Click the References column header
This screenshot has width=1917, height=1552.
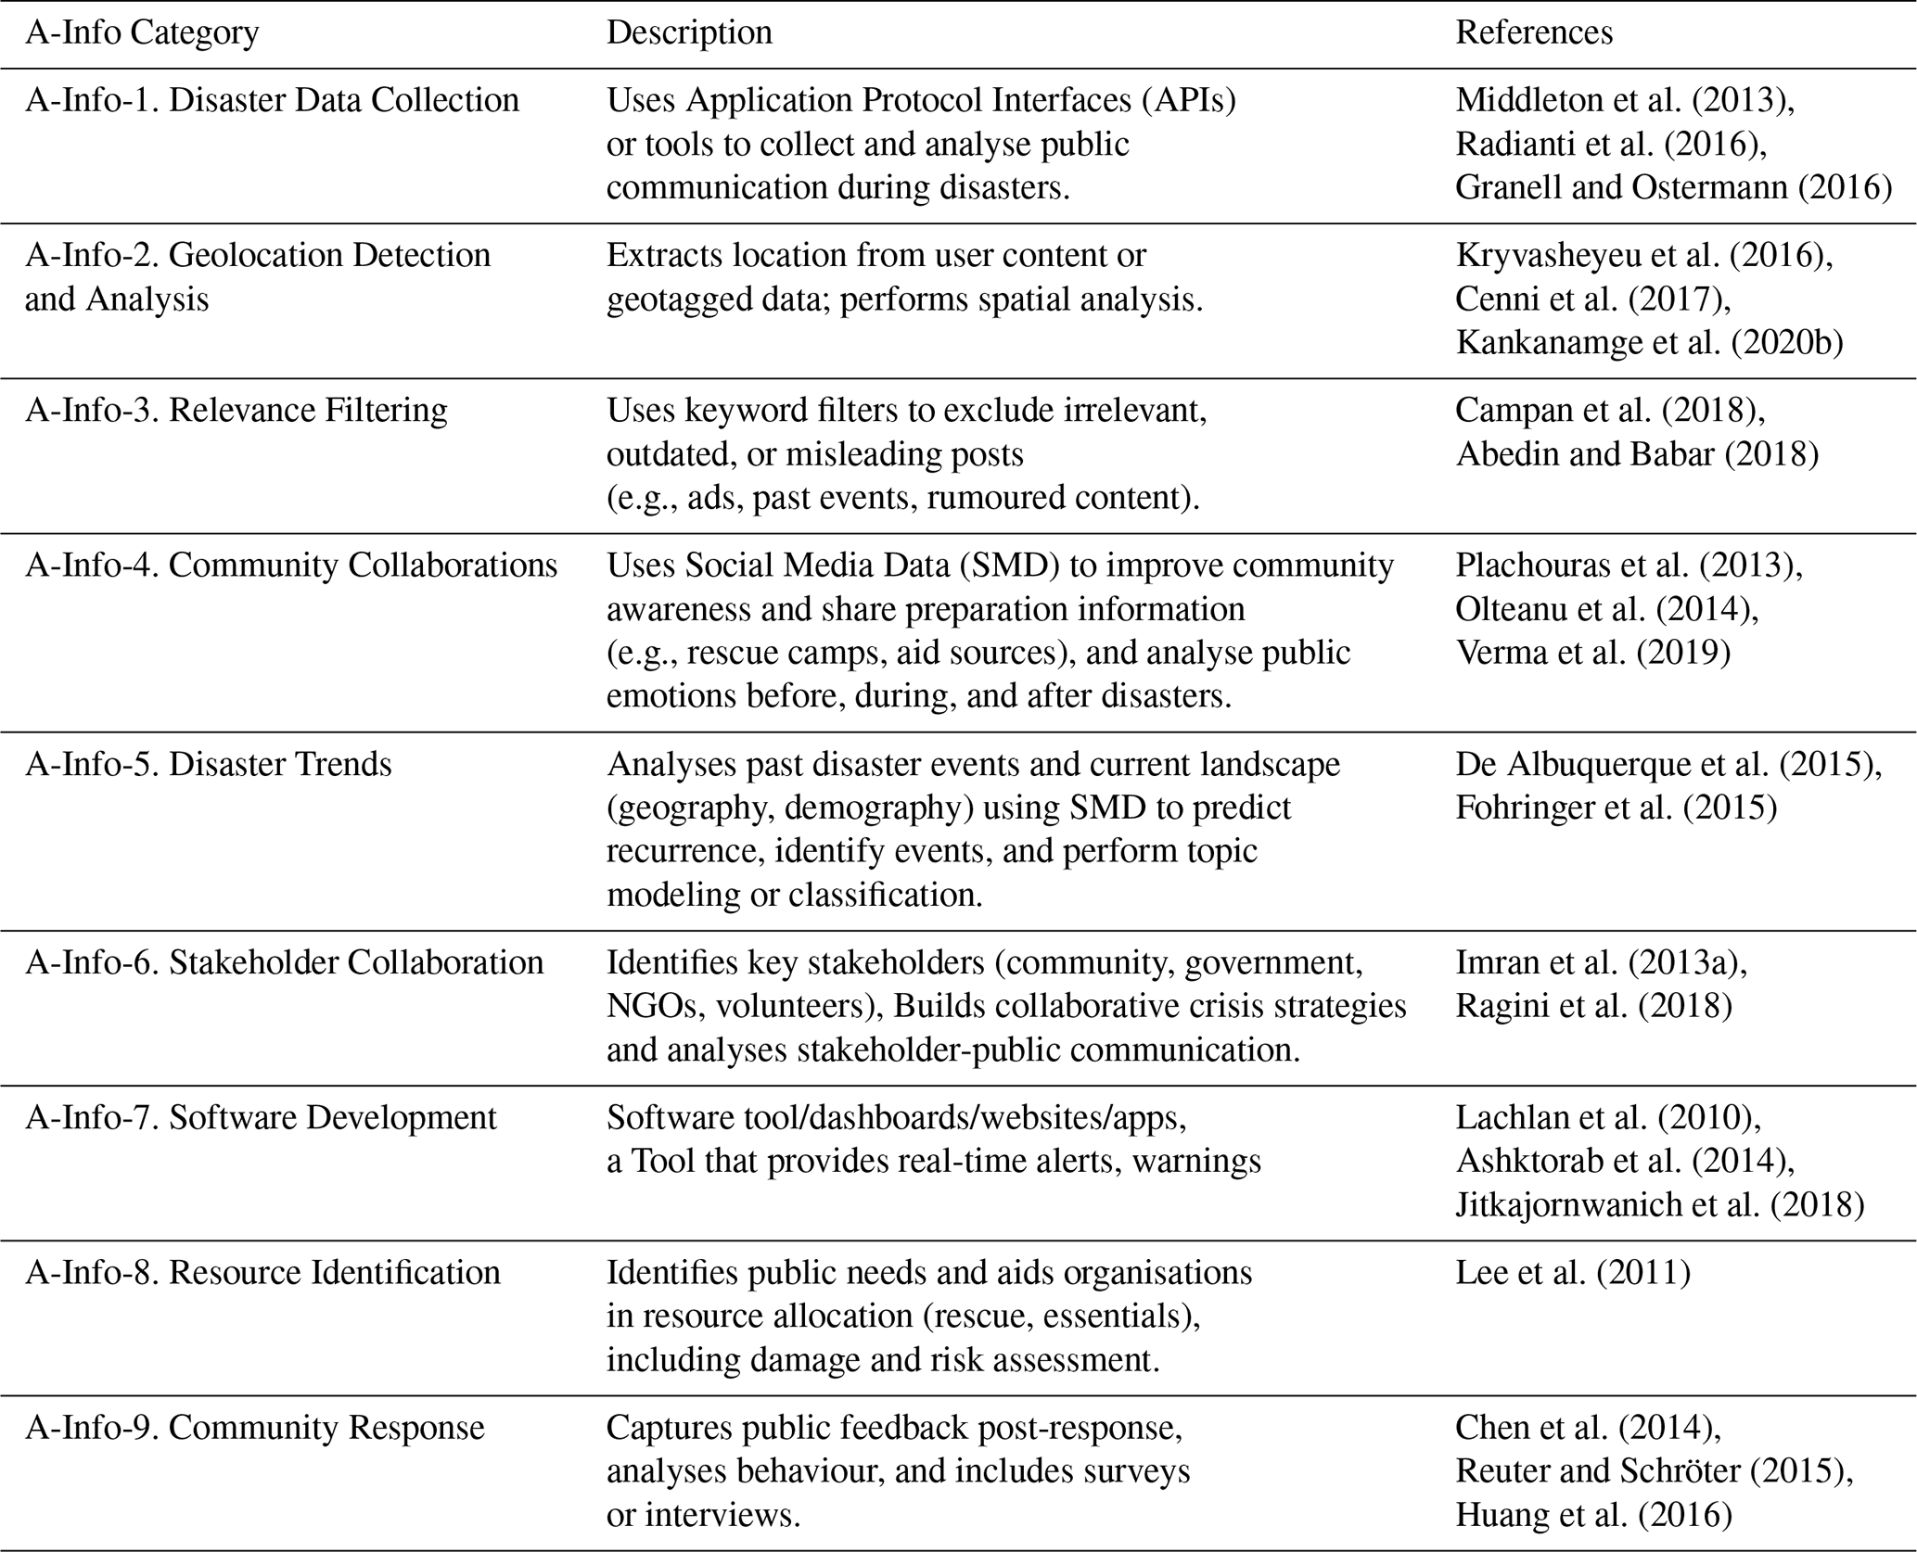(1533, 32)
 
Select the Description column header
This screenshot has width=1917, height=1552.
(689, 32)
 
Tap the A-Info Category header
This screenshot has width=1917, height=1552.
(142, 32)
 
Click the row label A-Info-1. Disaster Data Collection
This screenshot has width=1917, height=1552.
(272, 100)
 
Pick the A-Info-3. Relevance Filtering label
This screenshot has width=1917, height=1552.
(236, 410)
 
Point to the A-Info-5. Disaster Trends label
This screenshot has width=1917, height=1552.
(208, 764)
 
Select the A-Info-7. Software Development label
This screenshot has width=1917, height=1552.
(261, 1117)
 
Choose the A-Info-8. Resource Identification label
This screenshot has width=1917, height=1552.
(262, 1272)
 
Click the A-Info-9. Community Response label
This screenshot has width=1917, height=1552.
(254, 1427)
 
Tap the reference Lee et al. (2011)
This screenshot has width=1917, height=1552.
(1572, 1272)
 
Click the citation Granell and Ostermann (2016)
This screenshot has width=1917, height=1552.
(1673, 187)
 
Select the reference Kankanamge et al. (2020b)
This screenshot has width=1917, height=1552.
(1649, 342)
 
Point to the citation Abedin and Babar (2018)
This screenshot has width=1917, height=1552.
(1637, 453)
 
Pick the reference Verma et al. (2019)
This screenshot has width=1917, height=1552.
(1592, 652)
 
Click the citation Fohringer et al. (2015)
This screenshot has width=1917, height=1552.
(1616, 808)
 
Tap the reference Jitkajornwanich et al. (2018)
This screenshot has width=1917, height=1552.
(1659, 1203)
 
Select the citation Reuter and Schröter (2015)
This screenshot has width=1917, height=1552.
(1654, 1470)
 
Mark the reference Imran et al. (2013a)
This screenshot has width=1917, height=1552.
(1601, 962)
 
